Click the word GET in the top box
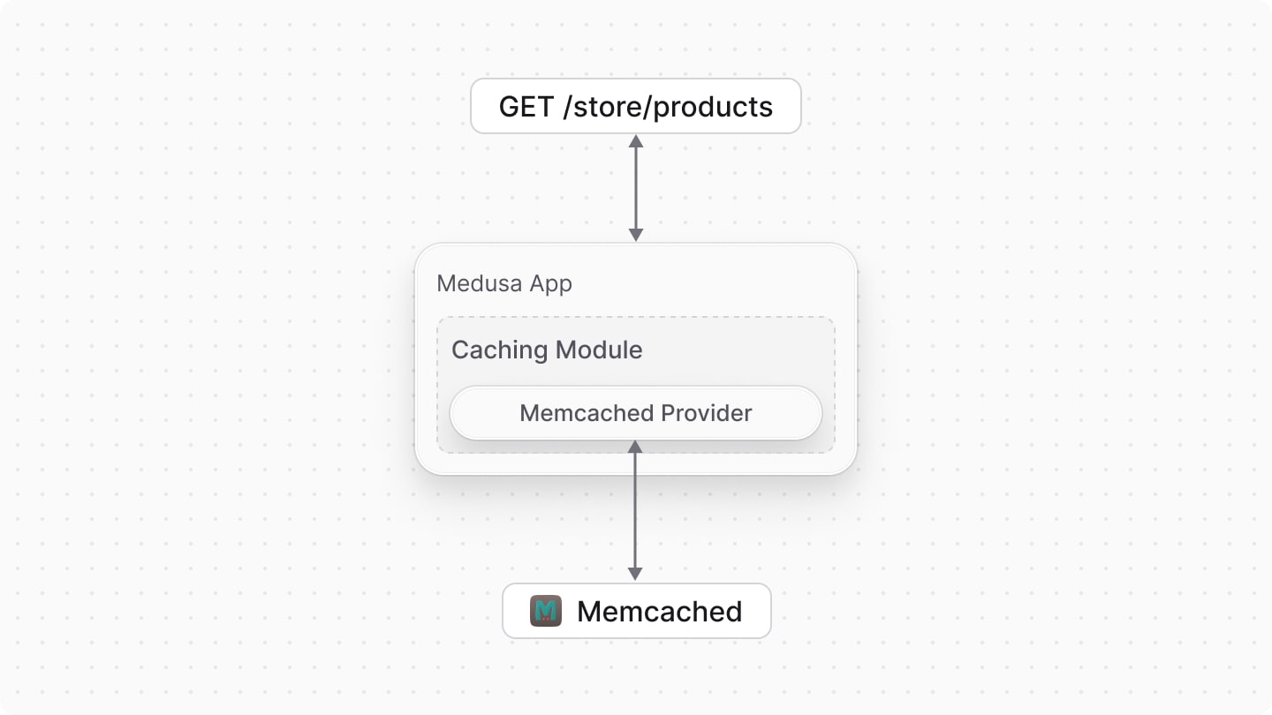[527, 107]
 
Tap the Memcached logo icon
[546, 611]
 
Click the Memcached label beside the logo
[659, 611]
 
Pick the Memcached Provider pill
[635, 413]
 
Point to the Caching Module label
[547, 350]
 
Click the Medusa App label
[504, 284]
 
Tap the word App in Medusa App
[550, 284]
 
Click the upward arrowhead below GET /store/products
[635, 141]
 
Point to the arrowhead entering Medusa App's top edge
[635, 235]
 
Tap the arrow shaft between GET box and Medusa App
[635, 188]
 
